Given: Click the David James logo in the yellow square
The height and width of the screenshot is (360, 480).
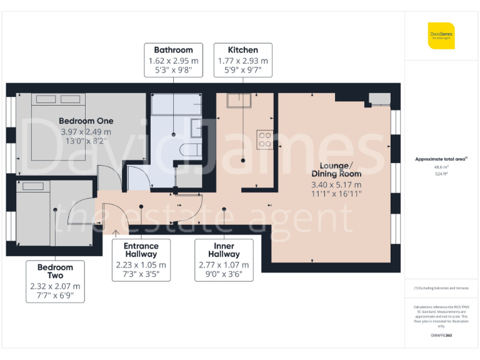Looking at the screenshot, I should [x=441, y=36].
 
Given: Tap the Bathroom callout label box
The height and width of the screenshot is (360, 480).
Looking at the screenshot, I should [x=173, y=60].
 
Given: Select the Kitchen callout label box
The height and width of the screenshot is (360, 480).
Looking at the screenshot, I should [x=242, y=60].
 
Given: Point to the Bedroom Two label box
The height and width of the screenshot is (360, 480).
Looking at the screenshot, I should [x=55, y=281].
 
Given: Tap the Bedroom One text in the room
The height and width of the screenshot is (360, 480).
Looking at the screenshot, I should [x=86, y=121].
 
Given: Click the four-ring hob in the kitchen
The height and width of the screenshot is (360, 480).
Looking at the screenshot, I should [x=264, y=140].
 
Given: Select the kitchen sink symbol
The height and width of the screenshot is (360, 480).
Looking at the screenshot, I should [x=239, y=101].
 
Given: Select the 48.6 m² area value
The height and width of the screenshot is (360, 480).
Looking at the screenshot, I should [x=441, y=168].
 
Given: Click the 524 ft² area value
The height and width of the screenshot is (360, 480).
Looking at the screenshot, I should [x=441, y=174].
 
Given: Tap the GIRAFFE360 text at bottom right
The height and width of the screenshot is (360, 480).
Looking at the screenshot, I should [x=441, y=336].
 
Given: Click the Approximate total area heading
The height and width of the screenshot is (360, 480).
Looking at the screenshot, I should [x=441, y=159].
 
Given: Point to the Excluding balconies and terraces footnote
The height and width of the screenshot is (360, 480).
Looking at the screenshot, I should [x=441, y=288].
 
